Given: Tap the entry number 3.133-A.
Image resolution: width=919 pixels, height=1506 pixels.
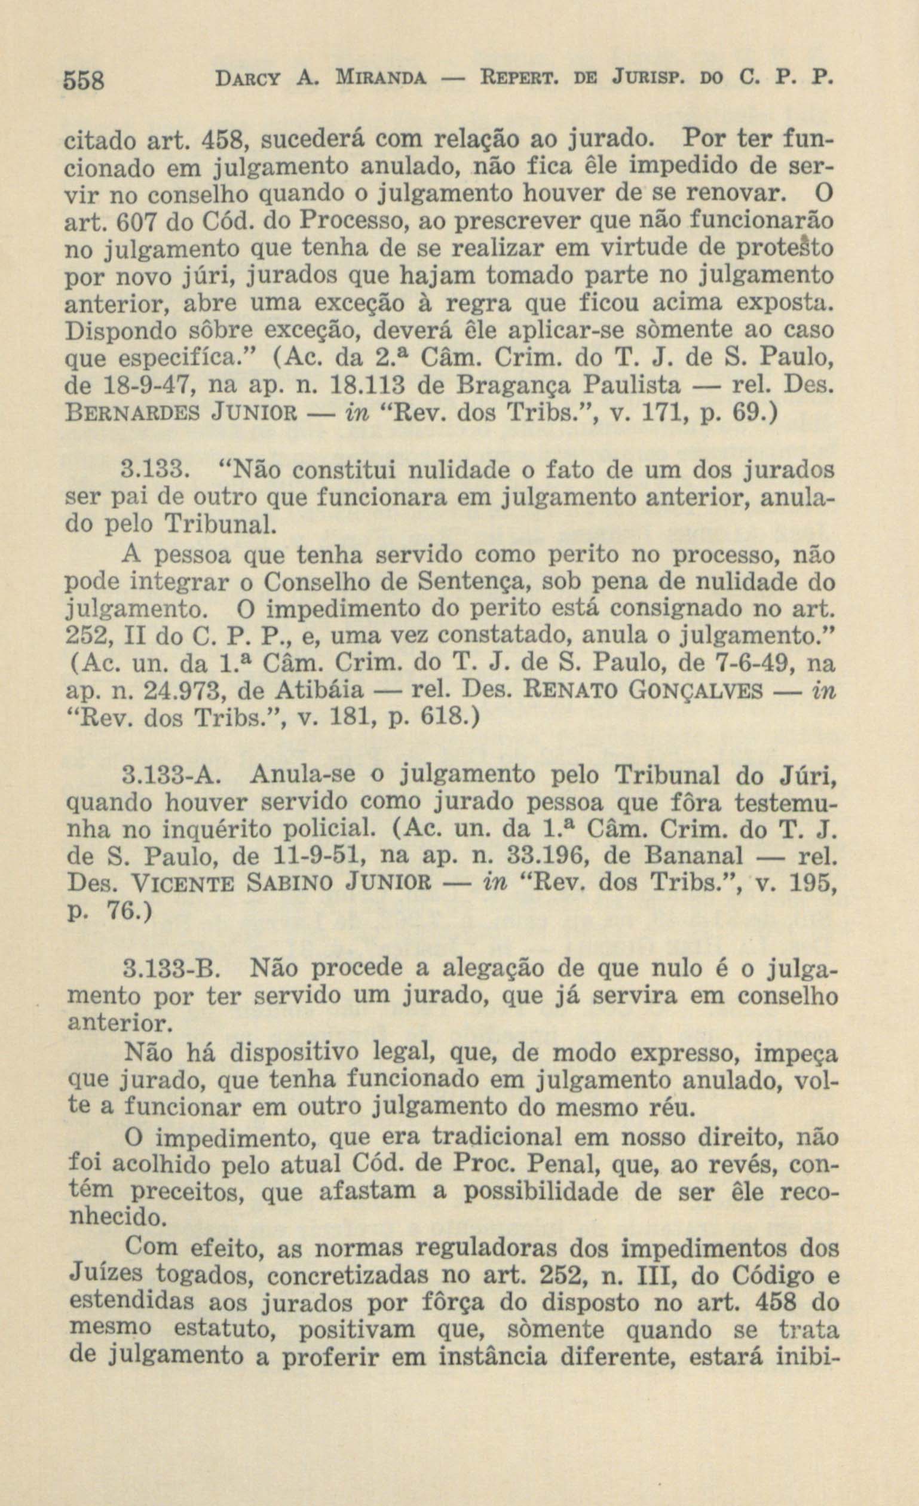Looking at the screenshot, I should (x=170, y=776).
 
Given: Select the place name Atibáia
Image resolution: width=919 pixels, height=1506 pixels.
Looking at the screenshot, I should (x=319, y=691).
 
